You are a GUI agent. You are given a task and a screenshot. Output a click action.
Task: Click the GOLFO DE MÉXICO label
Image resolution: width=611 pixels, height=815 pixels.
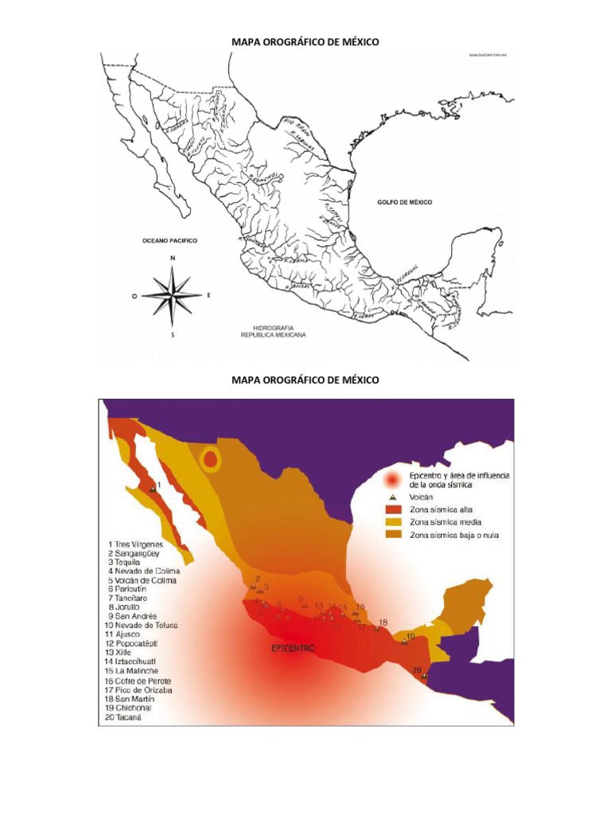pyautogui.click(x=404, y=203)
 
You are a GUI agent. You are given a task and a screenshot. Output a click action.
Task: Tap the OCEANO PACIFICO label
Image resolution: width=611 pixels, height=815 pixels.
pyautogui.click(x=169, y=240)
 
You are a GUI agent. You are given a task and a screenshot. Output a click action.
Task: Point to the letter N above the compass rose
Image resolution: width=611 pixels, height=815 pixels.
pyautogui.click(x=173, y=259)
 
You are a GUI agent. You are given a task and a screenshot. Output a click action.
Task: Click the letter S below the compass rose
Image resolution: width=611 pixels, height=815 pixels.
pyautogui.click(x=173, y=334)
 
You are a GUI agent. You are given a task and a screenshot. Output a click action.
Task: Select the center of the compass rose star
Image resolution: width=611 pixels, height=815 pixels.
pyautogui.click(x=173, y=295)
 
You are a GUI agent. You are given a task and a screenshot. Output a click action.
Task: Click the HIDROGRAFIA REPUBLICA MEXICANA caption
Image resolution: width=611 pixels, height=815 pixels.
pyautogui.click(x=274, y=332)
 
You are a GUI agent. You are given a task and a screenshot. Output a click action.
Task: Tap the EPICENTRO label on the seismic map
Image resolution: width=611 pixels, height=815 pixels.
pyautogui.click(x=294, y=649)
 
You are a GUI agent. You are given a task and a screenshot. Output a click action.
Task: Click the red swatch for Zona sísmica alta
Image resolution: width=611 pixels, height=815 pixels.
pyautogui.click(x=391, y=509)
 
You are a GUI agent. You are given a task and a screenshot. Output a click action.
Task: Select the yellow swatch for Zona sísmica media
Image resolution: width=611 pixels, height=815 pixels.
pyautogui.click(x=391, y=521)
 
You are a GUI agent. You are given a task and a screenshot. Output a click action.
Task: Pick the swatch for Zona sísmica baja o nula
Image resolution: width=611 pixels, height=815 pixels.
pyautogui.click(x=391, y=535)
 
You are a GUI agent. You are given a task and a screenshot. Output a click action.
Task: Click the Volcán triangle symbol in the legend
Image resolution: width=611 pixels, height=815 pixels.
pyautogui.click(x=391, y=496)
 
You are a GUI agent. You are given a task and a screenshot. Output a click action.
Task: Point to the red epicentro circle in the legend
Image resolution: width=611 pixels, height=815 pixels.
pyautogui.click(x=391, y=479)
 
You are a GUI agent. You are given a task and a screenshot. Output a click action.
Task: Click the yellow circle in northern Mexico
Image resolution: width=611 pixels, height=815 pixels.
pyautogui.click(x=210, y=458)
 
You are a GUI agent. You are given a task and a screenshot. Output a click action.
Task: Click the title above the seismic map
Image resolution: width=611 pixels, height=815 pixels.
pyautogui.click(x=305, y=380)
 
